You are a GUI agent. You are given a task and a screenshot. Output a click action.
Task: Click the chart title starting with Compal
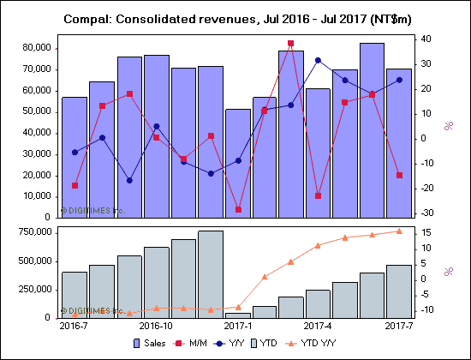point(235,18)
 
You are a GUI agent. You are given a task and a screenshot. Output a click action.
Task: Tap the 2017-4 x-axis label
point(318,327)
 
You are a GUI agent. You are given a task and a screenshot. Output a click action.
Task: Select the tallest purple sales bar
point(372,129)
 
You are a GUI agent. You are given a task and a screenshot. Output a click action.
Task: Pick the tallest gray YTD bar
point(210,273)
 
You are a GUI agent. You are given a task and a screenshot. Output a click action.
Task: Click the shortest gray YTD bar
point(237,315)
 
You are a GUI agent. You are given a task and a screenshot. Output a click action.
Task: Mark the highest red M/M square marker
point(290,43)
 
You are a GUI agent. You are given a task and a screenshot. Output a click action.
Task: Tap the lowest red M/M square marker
point(237,209)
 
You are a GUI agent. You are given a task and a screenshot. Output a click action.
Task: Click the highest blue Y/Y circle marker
point(318,60)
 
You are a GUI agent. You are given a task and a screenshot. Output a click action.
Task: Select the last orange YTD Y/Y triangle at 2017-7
point(398,231)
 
